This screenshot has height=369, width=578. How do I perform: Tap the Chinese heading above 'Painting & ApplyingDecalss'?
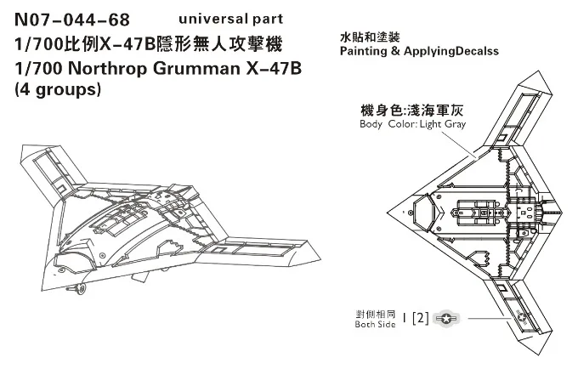coord(367,37)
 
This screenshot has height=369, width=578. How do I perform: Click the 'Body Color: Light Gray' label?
coord(413,124)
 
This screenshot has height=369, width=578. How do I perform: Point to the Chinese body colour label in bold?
coord(414,110)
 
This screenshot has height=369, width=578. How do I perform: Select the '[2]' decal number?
coord(419,319)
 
